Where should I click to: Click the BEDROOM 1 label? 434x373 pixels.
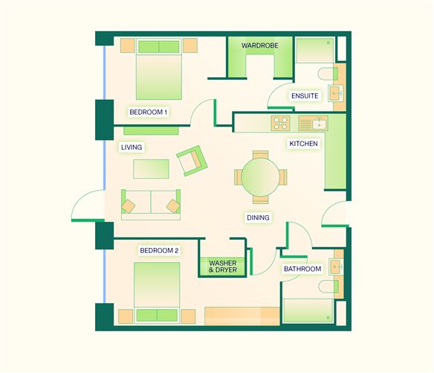149,112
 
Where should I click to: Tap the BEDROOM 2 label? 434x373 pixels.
159,250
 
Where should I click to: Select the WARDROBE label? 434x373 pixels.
260,45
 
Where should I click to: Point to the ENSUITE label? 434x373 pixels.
305,96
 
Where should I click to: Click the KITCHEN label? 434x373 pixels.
303,143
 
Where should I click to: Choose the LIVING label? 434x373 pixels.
132,147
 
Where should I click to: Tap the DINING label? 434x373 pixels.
258,217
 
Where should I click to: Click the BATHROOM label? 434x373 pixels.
302,269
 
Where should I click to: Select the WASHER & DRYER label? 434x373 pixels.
222,266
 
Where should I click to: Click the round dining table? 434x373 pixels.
260,177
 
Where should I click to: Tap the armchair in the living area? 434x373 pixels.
192,159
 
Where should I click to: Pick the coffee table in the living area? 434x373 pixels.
151,168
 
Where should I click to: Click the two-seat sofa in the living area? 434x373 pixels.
152,202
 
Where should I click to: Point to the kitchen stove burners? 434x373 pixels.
281,121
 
